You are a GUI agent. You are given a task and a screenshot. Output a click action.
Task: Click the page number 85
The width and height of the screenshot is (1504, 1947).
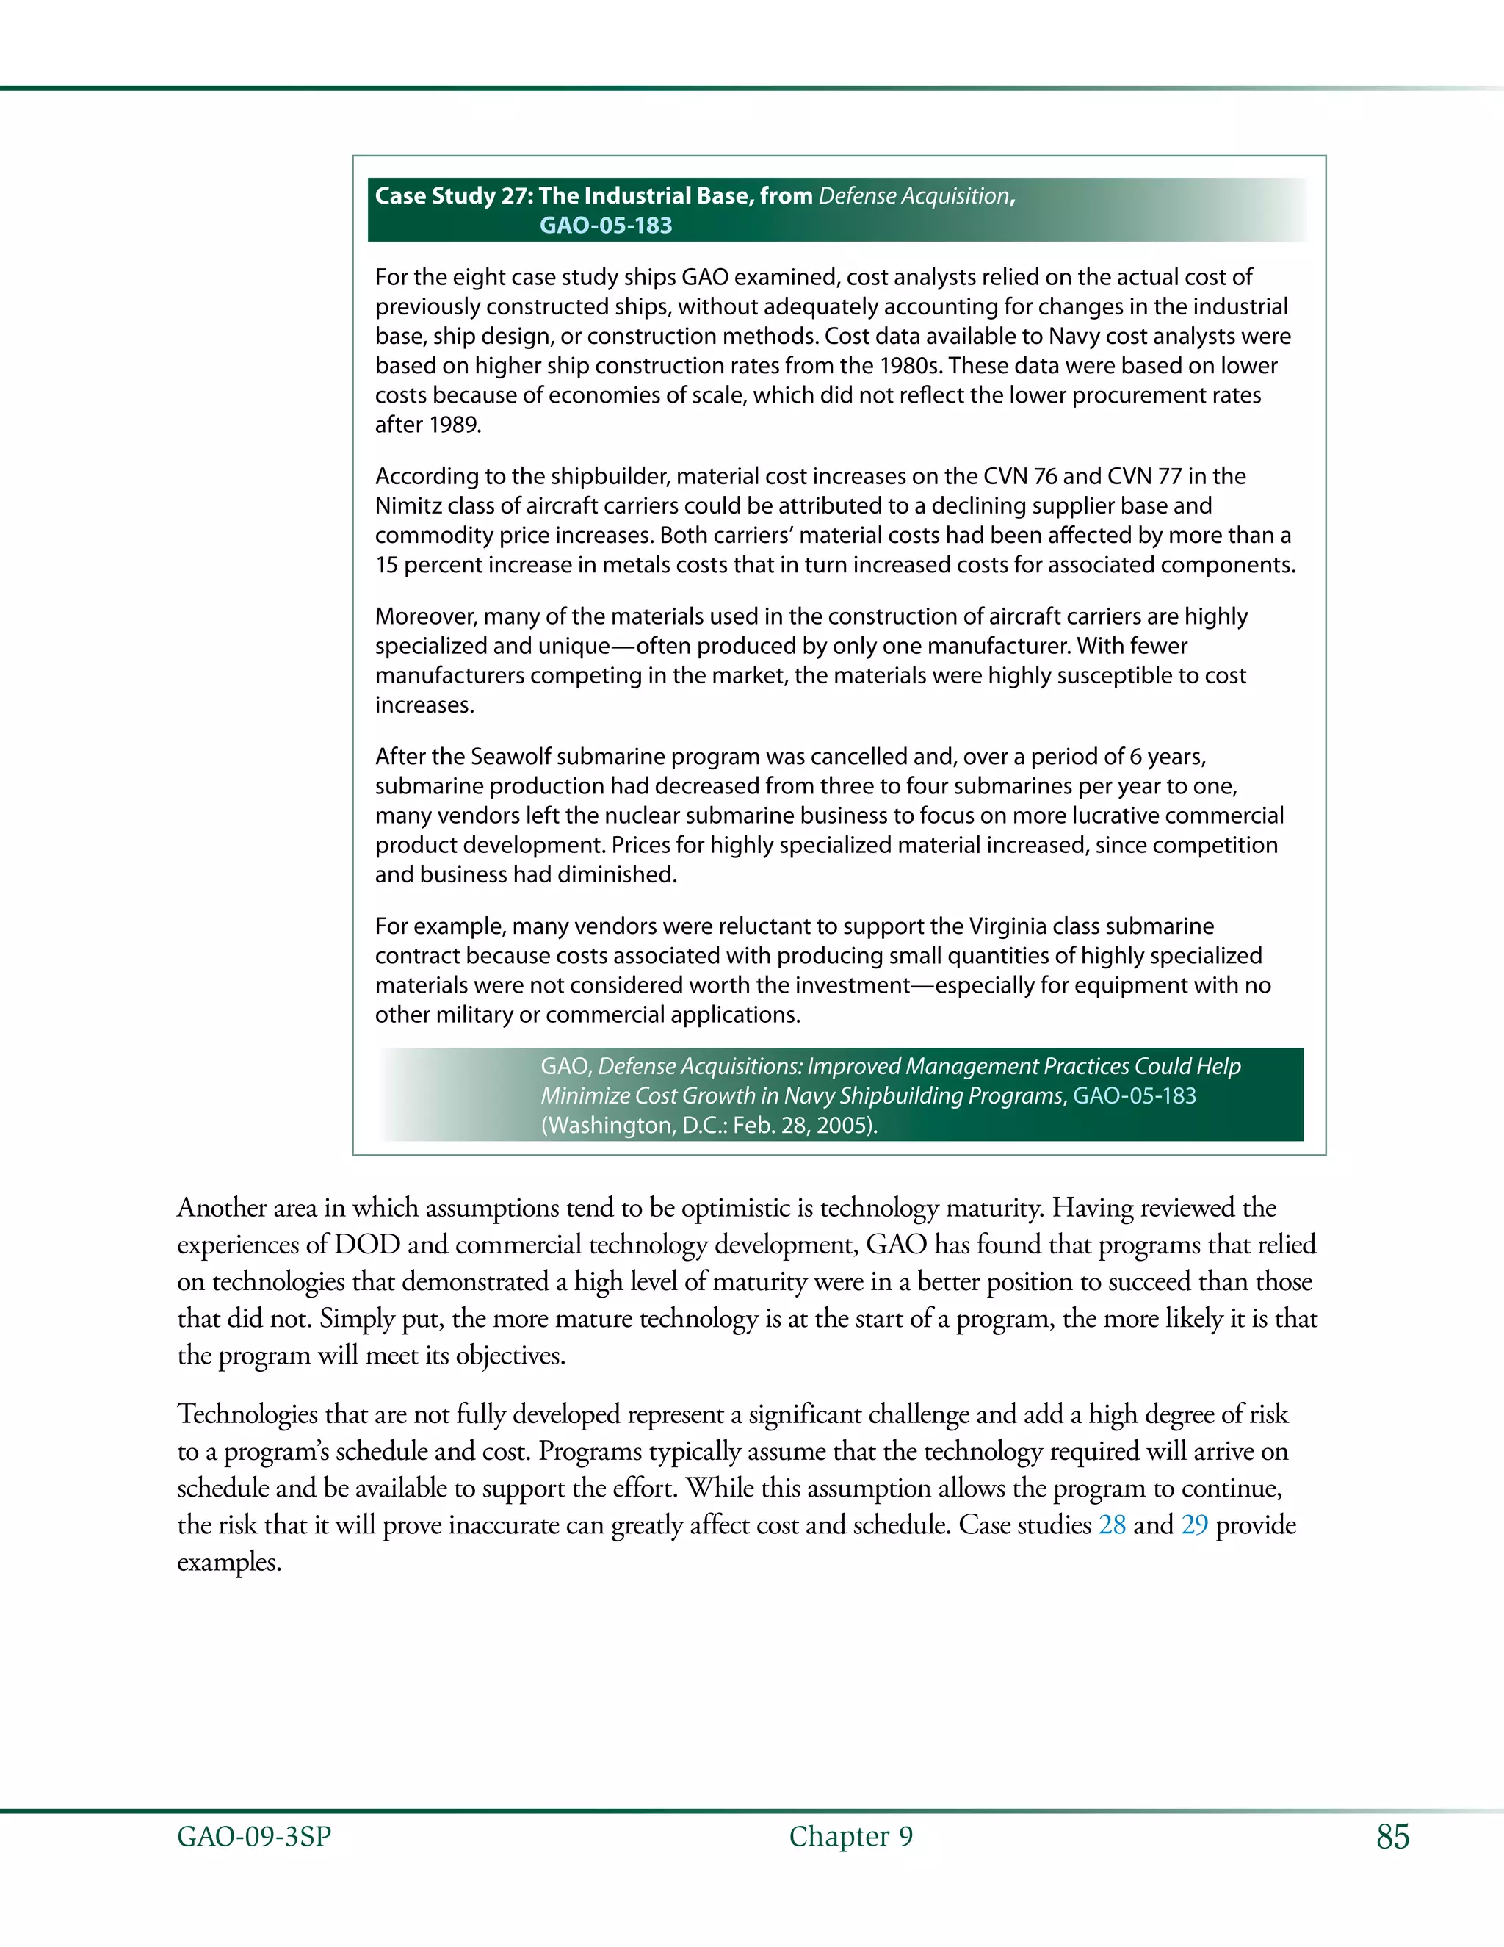click(x=1392, y=1837)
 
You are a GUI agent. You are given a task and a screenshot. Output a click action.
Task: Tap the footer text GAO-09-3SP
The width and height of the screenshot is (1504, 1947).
click(x=254, y=1837)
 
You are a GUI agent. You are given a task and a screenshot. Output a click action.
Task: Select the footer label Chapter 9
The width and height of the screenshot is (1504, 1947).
click(x=851, y=1837)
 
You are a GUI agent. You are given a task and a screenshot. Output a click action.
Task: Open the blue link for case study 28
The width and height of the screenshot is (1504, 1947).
click(x=1112, y=1525)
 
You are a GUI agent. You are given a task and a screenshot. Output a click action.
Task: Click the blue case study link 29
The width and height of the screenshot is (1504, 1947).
click(x=1194, y=1525)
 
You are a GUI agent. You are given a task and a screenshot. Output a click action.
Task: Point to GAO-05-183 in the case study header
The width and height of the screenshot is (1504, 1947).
click(x=606, y=226)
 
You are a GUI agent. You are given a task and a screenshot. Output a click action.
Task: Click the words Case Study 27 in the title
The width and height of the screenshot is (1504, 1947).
click(x=451, y=196)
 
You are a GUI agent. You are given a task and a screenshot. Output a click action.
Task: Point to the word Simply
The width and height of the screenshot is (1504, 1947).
click(x=358, y=1319)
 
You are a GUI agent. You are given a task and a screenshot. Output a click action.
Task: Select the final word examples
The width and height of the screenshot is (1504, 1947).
click(x=229, y=1563)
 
